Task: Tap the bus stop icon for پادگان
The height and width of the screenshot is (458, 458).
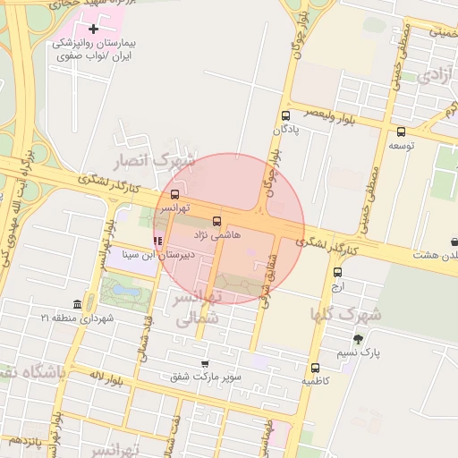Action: point(285,115)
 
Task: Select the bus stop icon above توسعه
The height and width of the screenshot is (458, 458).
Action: point(399,130)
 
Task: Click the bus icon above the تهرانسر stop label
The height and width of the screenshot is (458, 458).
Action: point(174,194)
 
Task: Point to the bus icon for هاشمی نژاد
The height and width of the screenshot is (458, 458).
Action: point(216,220)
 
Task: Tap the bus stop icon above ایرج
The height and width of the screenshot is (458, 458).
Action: point(337,272)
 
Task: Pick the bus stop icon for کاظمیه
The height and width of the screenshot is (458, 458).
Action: point(315,367)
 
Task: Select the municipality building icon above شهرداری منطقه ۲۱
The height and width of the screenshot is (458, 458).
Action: point(77,304)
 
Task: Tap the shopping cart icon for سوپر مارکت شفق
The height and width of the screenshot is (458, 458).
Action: point(205,364)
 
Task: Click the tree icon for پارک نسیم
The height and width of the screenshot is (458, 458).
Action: point(359,339)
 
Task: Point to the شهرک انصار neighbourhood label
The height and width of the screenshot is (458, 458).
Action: point(152,160)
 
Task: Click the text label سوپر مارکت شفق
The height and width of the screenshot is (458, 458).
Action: point(208,377)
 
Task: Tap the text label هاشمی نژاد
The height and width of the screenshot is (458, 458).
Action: point(213,233)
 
